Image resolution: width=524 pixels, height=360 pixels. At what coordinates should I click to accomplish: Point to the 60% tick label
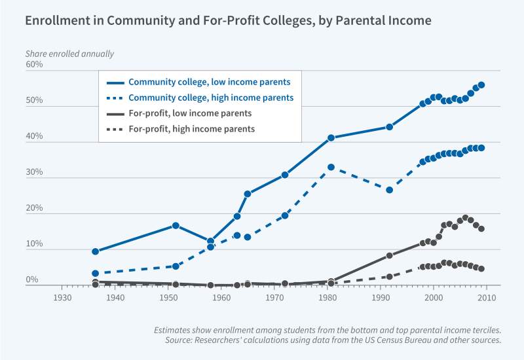coord(34,65)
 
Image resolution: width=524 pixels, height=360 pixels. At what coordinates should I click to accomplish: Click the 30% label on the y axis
coord(34,173)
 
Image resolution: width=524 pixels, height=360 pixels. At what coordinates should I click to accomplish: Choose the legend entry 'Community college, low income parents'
coord(209,82)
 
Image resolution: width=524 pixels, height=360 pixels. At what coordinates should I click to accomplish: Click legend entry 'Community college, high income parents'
coord(210,98)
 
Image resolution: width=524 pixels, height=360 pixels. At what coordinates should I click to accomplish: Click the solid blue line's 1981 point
coord(331,137)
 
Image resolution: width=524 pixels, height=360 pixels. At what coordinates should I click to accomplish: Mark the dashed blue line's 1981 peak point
coord(331,167)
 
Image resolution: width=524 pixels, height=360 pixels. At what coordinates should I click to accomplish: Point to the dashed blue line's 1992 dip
coord(389,190)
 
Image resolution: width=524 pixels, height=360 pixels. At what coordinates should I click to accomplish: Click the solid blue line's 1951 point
coord(176,225)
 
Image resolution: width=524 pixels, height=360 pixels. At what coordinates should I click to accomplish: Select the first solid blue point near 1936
coord(96,251)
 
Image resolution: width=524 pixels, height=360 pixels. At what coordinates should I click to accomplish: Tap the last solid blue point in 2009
coord(481,84)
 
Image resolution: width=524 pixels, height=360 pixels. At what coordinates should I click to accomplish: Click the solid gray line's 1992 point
coord(389,255)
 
